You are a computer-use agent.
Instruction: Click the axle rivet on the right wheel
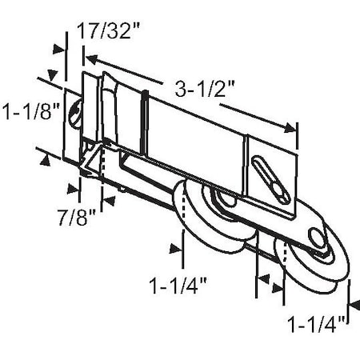[x=318, y=239]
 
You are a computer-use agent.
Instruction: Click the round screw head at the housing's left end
[x=73, y=112]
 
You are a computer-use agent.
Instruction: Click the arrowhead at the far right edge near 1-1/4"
[x=352, y=305]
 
